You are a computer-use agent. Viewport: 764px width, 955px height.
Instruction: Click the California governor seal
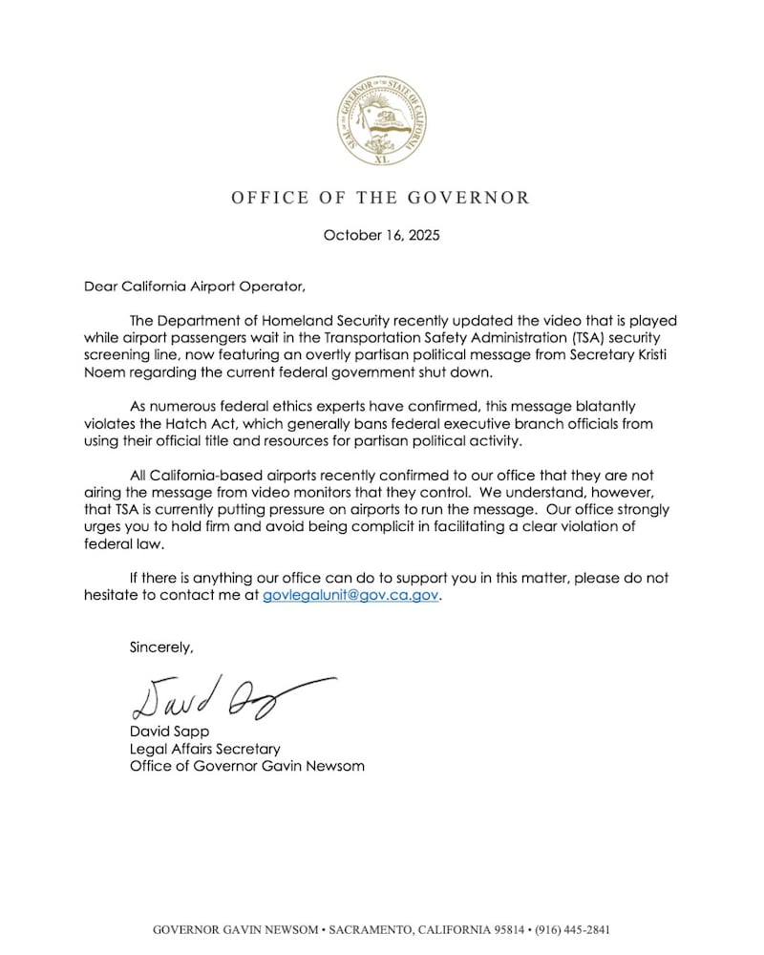click(380, 121)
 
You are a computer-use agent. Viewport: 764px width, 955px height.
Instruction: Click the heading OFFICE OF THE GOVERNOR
click(380, 198)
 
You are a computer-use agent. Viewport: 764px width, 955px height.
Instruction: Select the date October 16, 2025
click(381, 235)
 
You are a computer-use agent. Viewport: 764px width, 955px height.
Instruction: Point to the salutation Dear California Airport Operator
click(197, 285)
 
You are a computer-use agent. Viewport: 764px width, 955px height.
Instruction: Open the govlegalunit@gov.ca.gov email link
click(350, 595)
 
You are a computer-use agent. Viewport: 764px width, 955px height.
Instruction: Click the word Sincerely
click(161, 647)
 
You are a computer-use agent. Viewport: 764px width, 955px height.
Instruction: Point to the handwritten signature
click(224, 698)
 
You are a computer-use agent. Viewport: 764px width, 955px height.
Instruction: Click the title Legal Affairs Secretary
click(204, 749)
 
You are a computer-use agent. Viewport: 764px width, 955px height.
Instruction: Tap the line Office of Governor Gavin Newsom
click(246, 766)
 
